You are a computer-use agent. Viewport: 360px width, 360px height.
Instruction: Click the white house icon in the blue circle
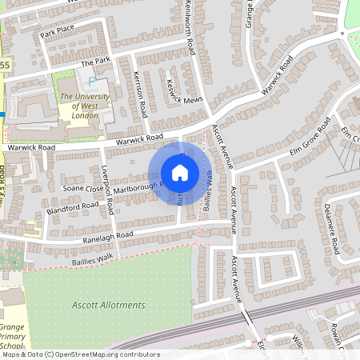coord(180,172)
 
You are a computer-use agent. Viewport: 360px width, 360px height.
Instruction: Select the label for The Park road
coord(94,62)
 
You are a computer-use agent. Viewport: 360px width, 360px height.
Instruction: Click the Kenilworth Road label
coord(190,27)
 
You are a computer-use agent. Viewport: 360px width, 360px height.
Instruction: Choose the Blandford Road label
coord(73,207)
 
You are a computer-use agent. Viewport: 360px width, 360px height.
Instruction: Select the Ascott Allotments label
coord(109,305)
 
